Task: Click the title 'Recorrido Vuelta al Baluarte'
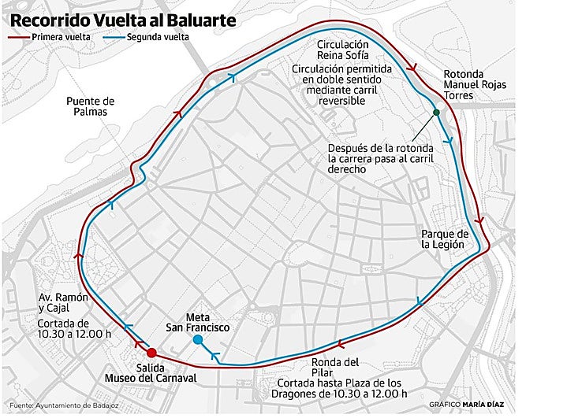pos(123,20)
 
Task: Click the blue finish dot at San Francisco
pos(198,340)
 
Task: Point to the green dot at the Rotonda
pos(435,113)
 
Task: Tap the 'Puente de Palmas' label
pos(91,106)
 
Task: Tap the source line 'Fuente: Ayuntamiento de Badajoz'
pos(58,405)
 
